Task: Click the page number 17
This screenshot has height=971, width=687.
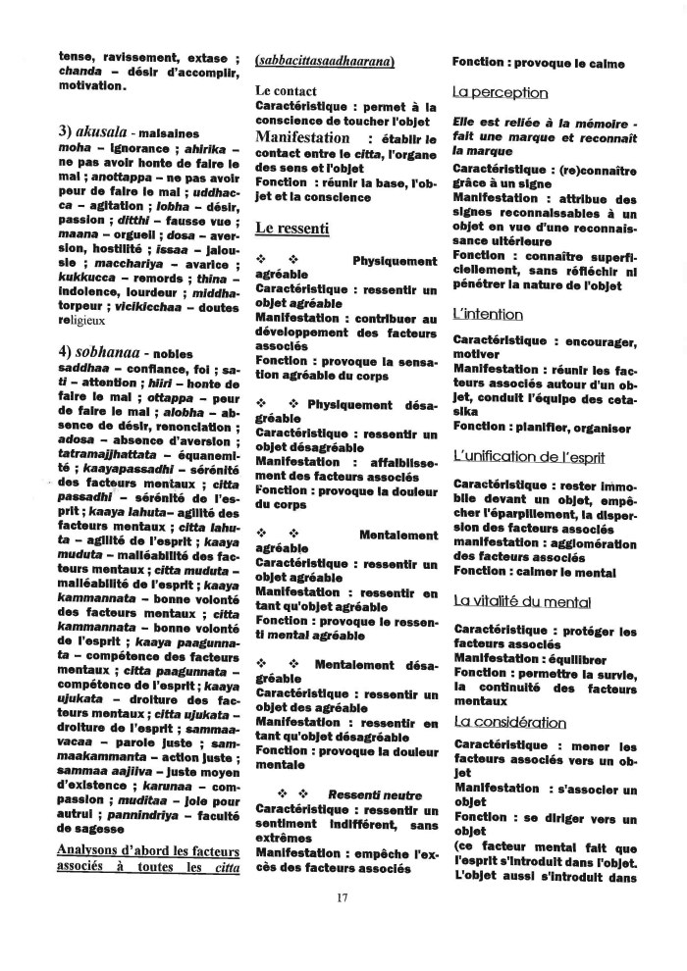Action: click(343, 896)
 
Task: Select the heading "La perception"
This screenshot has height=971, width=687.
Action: click(500, 92)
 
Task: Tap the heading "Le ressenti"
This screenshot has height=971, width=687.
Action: click(291, 228)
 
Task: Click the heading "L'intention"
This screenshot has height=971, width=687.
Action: click(488, 314)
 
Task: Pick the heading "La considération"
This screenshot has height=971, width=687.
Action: click(509, 721)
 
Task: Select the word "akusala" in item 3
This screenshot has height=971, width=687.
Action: click(104, 131)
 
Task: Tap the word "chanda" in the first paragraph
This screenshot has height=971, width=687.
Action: click(80, 71)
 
